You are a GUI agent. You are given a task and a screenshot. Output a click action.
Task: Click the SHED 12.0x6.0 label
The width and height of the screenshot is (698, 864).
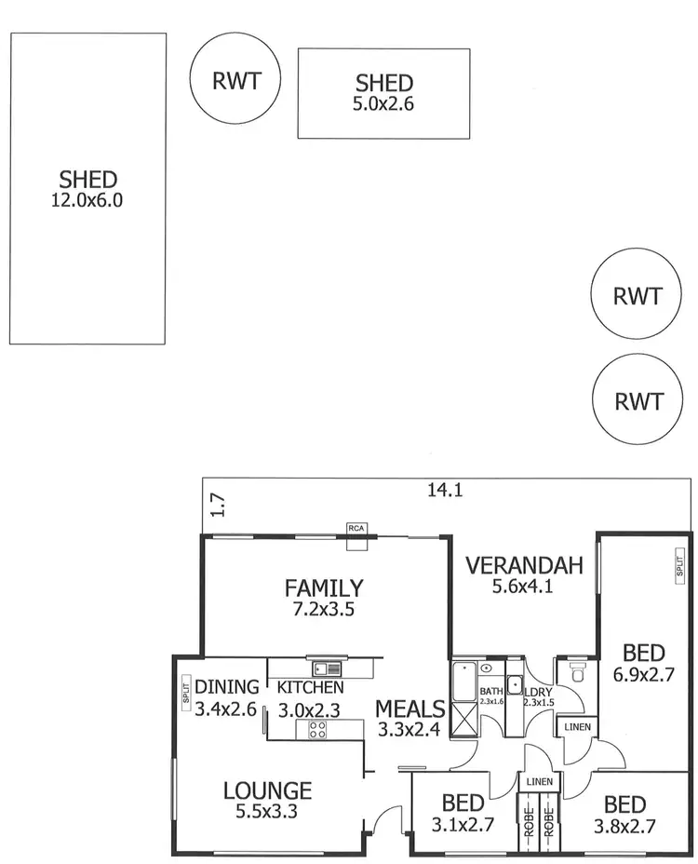point(87,189)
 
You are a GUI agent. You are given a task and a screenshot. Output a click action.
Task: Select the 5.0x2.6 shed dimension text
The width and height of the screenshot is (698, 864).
point(383,105)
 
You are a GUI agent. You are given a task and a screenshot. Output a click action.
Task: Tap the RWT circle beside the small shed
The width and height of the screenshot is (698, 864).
point(235,81)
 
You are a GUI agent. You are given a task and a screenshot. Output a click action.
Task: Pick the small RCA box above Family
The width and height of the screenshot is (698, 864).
point(356,528)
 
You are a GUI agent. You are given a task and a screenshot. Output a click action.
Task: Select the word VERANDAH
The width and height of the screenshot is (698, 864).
point(524,565)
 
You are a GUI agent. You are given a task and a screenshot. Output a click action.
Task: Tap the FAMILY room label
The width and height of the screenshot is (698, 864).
point(324,587)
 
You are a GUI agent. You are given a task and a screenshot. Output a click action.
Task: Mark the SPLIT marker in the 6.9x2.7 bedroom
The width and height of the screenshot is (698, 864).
point(679,565)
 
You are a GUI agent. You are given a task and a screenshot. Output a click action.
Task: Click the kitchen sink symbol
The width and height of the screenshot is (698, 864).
point(326,667)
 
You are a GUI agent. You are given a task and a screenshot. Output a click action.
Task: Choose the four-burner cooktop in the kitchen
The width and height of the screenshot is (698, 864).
point(316,729)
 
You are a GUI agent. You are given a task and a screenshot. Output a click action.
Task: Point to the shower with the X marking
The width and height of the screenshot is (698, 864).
point(463,718)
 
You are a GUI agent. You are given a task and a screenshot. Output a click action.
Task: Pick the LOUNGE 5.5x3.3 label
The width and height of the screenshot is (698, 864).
point(267,801)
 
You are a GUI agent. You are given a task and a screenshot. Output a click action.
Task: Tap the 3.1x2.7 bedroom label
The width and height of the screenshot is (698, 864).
point(462,812)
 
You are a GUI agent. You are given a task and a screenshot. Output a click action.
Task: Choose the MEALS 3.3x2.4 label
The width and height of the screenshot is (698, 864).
point(410,719)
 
